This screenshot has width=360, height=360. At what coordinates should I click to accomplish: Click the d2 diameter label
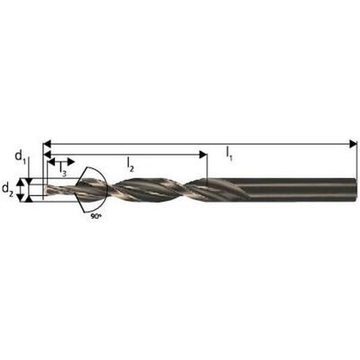8,189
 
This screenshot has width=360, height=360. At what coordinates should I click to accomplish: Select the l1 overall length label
229,155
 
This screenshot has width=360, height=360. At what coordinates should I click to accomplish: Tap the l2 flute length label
130,165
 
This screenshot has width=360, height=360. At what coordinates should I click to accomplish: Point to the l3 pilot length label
63,168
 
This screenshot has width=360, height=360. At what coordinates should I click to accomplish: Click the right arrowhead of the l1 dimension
354,144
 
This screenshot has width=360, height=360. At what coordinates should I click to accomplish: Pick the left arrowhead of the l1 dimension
48,144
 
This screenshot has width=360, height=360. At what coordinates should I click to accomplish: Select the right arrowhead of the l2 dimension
203,155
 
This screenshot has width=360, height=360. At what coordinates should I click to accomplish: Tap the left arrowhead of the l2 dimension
48,155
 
